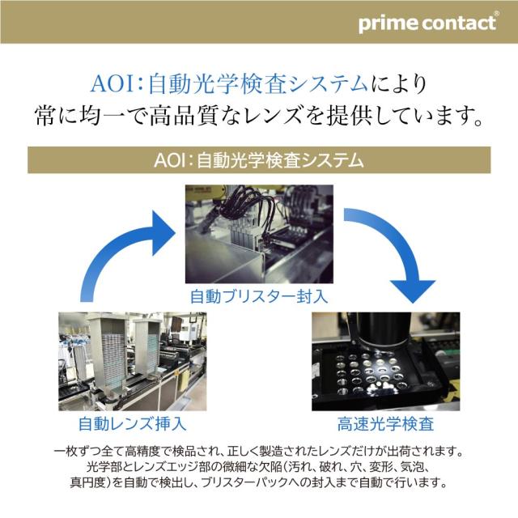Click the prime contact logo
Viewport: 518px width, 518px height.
pyautogui.click(x=427, y=23)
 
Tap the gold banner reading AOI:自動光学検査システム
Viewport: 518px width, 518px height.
pyautogui.click(x=258, y=159)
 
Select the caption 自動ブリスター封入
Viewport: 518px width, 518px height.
pyautogui.click(x=258, y=295)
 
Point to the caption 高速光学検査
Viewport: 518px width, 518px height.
pyautogui.click(x=385, y=422)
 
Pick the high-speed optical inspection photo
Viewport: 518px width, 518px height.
pyautogui.click(x=385, y=361)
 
